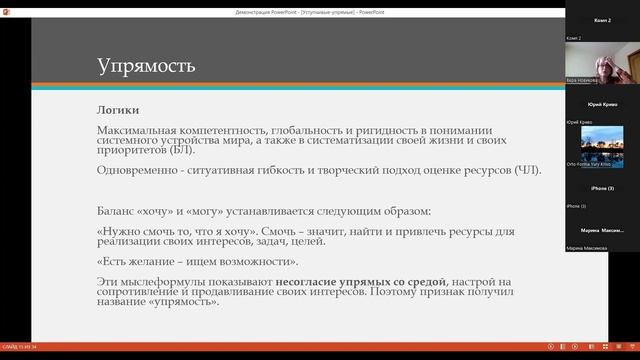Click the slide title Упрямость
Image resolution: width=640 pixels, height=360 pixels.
click(x=146, y=67)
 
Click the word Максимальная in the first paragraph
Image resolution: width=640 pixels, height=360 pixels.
click(x=142, y=132)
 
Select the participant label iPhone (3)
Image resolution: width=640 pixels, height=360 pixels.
click(x=602, y=188)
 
